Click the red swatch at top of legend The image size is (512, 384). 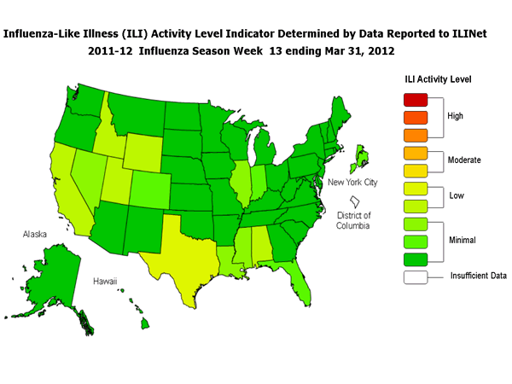tap(414, 95)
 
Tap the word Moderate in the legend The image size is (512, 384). tap(465, 160)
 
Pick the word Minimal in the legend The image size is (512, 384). tap(463, 241)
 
